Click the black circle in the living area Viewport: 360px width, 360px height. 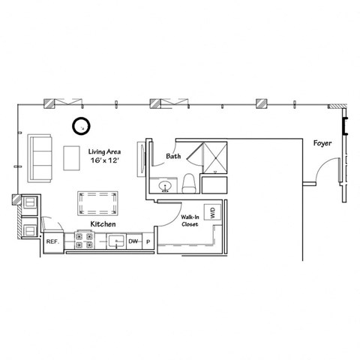coord(80,126)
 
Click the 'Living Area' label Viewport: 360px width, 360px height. coord(104,151)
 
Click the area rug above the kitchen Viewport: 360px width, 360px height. coord(97,203)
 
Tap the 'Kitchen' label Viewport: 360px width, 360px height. coord(103,223)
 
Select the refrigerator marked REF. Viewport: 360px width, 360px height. coord(52,241)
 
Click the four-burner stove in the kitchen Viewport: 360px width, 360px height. coord(83,241)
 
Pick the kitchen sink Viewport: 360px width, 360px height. coord(115,241)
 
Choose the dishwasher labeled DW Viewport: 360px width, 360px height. coord(133,241)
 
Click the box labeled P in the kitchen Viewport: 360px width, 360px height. coord(148,241)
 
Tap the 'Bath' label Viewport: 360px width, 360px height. coord(172,157)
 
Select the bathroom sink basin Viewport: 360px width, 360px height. coord(165,184)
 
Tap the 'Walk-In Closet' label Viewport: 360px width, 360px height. coord(190,220)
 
